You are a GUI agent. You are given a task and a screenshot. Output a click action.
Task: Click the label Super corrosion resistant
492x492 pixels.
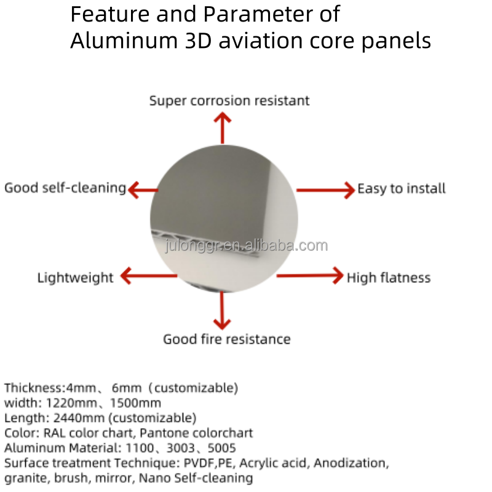point(229,100)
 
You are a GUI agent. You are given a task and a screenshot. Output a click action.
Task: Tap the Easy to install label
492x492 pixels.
point(401,189)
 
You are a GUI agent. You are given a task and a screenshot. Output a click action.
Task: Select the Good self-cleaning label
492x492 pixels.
point(65,188)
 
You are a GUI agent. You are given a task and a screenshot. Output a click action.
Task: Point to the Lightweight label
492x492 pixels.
point(75,277)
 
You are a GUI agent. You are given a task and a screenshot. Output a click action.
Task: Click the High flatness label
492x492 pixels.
point(388,278)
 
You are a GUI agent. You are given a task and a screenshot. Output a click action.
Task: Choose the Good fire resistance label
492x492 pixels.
point(226,339)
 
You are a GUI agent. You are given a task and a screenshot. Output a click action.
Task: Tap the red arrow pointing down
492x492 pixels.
point(221,311)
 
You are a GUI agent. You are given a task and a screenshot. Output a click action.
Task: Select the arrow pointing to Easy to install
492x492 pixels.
point(325,189)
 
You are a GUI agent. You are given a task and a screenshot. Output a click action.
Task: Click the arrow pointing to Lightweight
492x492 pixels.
point(148,276)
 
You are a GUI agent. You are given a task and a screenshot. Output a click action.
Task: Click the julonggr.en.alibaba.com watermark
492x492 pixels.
point(247,246)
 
